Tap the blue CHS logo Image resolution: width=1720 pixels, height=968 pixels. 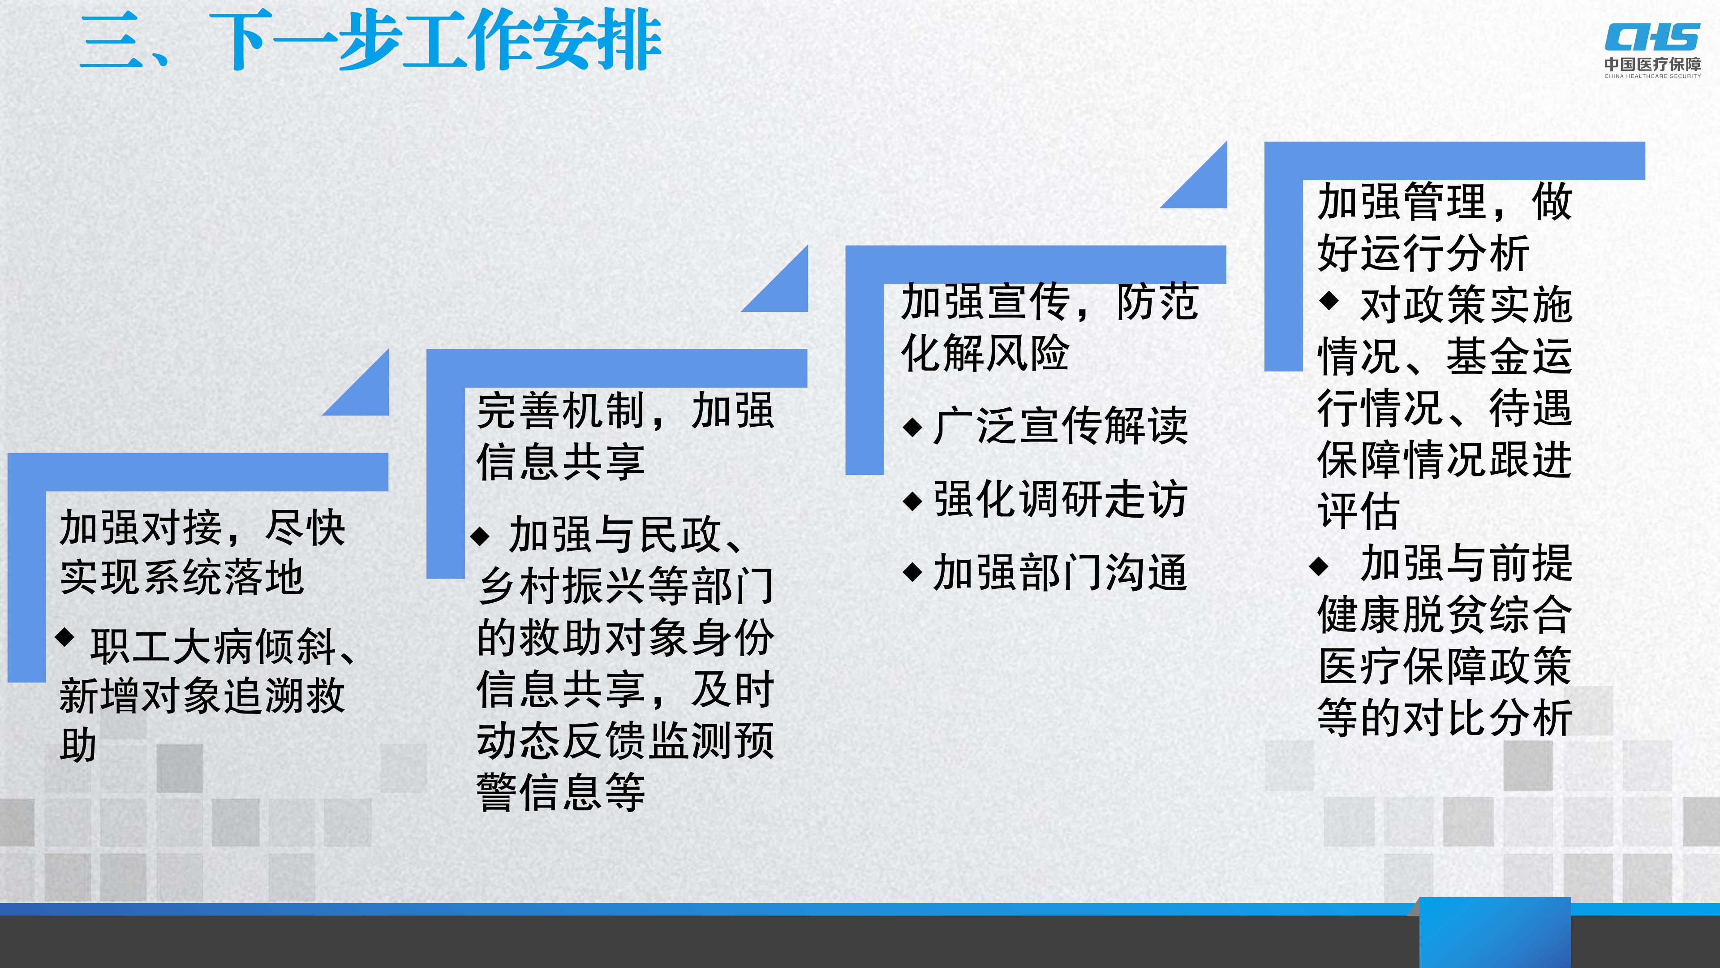[x=1652, y=37]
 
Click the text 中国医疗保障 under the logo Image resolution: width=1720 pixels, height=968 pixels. [x=1652, y=64]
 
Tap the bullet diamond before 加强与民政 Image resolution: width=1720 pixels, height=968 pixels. [x=480, y=536]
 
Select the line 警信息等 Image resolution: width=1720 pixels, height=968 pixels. [x=561, y=792]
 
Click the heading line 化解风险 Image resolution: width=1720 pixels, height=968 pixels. [x=985, y=352]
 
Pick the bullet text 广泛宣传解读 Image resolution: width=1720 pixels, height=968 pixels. [x=1060, y=426]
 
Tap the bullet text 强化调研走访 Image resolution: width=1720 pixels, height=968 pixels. [x=1060, y=499]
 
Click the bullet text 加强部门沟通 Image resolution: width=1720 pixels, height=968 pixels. [x=1060, y=573]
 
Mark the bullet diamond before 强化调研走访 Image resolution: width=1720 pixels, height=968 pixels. [x=912, y=501]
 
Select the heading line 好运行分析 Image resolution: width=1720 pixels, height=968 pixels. [x=1423, y=253]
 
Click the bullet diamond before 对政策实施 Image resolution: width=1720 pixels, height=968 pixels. [x=1329, y=301]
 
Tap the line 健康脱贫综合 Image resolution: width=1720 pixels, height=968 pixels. [x=1445, y=614]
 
